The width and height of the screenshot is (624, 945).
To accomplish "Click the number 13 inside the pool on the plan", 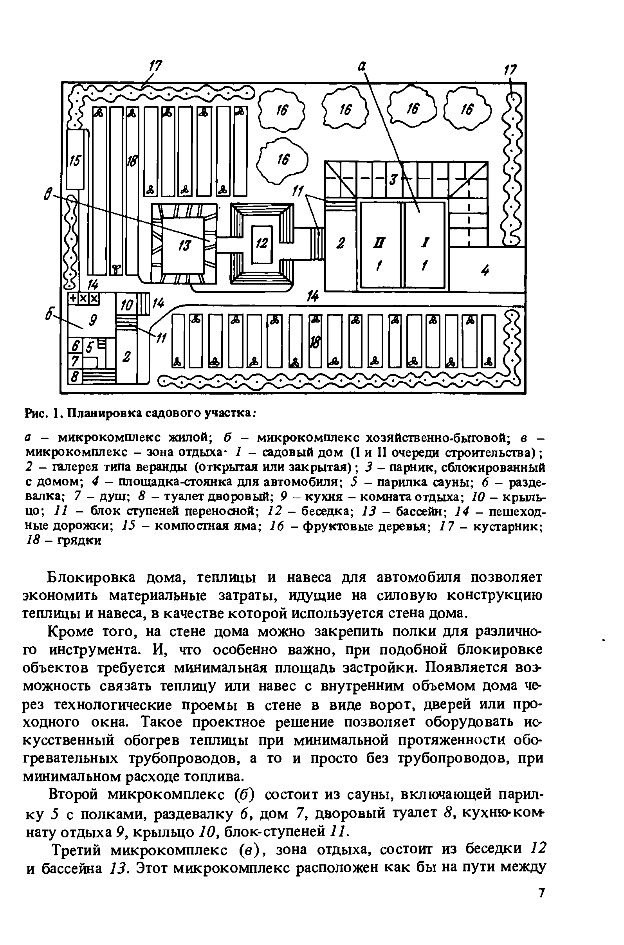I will pos(186,246).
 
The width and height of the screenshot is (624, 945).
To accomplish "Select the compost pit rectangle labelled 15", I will pos(75,160).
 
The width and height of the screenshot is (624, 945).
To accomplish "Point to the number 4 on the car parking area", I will pos(485,271).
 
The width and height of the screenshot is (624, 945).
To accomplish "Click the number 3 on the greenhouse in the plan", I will pos(393,179).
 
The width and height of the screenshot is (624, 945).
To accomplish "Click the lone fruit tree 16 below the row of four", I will pos(283,161).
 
